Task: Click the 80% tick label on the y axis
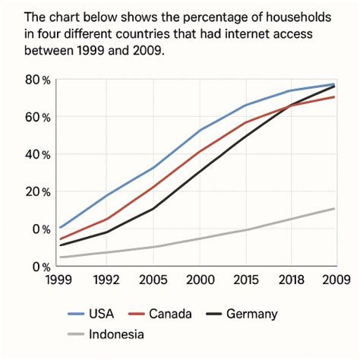[x=37, y=81]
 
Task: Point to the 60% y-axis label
[x=37, y=118]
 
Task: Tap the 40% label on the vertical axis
[x=37, y=155]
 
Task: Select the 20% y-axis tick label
[x=37, y=192]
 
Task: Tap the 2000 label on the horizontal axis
[x=201, y=279]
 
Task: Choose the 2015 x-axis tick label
[x=245, y=279]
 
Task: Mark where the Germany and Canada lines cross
[x=291, y=106]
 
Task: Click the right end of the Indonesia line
[x=335, y=208]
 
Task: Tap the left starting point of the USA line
[x=60, y=227]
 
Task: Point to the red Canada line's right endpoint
[x=335, y=97]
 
